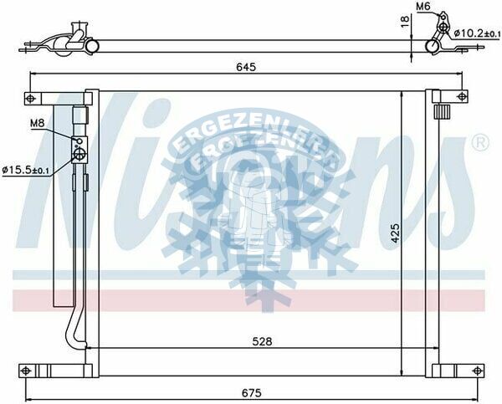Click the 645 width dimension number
click(245, 66)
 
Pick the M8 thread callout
click(38, 125)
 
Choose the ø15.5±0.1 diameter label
click(26, 171)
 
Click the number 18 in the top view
click(404, 23)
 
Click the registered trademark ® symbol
click(480, 142)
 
